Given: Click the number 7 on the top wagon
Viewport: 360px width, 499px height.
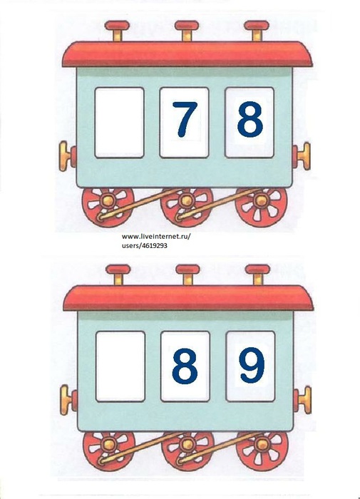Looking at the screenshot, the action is pos(185,119).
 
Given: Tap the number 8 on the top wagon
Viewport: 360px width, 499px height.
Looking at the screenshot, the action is pos(250,119).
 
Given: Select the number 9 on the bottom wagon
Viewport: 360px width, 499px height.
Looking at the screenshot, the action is pos(252,365).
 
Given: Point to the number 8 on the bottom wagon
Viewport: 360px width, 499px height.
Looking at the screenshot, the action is pos(185,365).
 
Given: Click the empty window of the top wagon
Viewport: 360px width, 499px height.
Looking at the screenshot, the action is pos(119,123).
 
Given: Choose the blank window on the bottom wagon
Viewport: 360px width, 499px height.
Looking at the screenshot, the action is pos(120,366).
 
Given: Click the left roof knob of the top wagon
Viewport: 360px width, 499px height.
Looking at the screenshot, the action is pos(117,31).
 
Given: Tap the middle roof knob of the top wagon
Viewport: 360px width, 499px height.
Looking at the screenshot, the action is pos(187,31).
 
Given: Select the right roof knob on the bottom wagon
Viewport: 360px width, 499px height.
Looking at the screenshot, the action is pos(258,274).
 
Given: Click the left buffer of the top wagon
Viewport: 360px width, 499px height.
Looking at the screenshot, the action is pos(68,156).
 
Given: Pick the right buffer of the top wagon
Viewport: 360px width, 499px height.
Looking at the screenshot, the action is pos(302,156).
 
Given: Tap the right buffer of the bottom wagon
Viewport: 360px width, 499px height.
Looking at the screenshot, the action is pos(302,400).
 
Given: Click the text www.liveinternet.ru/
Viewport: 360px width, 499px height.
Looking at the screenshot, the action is pos(156,237).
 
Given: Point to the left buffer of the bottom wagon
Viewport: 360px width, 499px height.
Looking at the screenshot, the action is pos(68,400).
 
